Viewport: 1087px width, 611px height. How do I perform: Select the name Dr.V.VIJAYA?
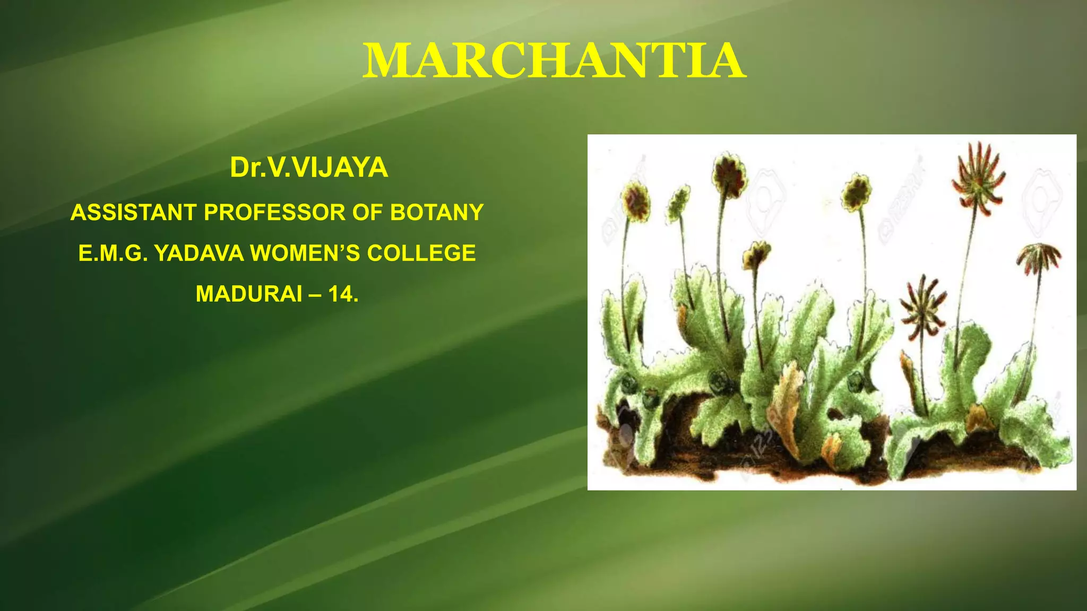(x=309, y=168)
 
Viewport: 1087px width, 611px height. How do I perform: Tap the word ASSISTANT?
(x=134, y=213)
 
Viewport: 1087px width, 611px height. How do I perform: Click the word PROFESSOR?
(x=275, y=213)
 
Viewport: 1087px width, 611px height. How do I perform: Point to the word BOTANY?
(x=437, y=213)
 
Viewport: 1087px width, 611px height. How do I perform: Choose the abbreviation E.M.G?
(x=113, y=254)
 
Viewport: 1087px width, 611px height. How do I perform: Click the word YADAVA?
(x=199, y=254)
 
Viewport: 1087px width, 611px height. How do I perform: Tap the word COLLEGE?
(x=421, y=254)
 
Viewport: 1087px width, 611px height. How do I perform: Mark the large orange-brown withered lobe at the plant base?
(x=787, y=403)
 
